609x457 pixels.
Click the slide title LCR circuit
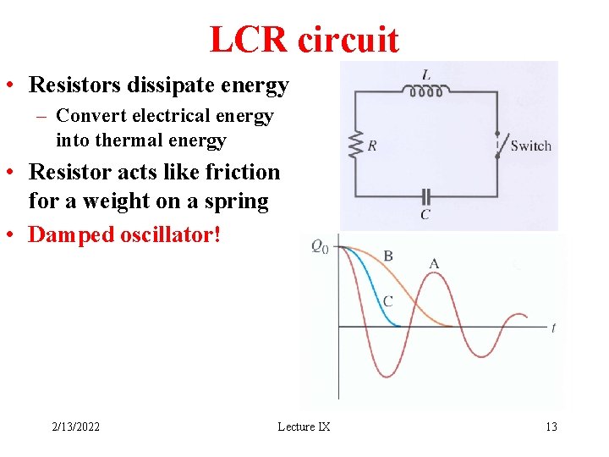point(304,39)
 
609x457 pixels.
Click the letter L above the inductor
point(426,75)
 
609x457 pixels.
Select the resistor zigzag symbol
point(355,145)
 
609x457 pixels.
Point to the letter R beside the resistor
point(372,146)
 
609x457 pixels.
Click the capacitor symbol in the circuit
point(425,195)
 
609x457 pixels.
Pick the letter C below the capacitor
point(425,215)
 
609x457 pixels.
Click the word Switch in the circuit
point(530,146)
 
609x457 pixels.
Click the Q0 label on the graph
point(320,246)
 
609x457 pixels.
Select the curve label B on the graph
point(388,256)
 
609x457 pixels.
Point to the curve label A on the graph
point(434,263)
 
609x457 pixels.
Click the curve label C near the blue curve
point(387,300)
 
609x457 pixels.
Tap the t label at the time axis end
point(553,328)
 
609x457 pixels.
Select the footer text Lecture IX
point(304,427)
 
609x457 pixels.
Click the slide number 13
point(551,427)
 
